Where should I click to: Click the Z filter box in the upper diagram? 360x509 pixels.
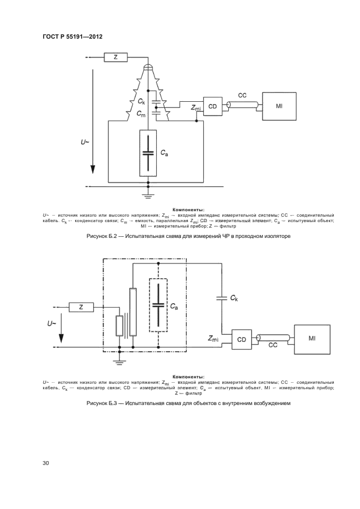click(116, 58)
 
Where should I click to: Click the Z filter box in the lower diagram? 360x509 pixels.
click(81, 307)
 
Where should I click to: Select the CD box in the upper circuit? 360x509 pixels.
click(212, 106)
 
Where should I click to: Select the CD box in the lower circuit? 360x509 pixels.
click(241, 340)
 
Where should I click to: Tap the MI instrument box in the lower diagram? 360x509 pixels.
click(312, 339)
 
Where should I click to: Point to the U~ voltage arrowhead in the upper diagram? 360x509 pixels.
click(93, 169)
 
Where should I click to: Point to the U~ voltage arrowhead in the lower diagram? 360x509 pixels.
click(61, 340)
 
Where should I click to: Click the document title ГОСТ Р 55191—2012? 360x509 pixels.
click(72, 36)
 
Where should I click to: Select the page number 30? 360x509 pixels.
click(45, 463)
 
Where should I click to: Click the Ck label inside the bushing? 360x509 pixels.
click(141, 102)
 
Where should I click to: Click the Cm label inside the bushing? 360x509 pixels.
click(141, 114)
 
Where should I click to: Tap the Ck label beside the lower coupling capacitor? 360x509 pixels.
click(234, 298)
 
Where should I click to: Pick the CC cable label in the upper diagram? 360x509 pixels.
click(242, 95)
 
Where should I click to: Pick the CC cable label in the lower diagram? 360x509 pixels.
click(273, 345)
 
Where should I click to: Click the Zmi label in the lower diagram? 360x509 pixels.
click(213, 339)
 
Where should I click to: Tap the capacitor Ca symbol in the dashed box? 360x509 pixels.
click(158, 305)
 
